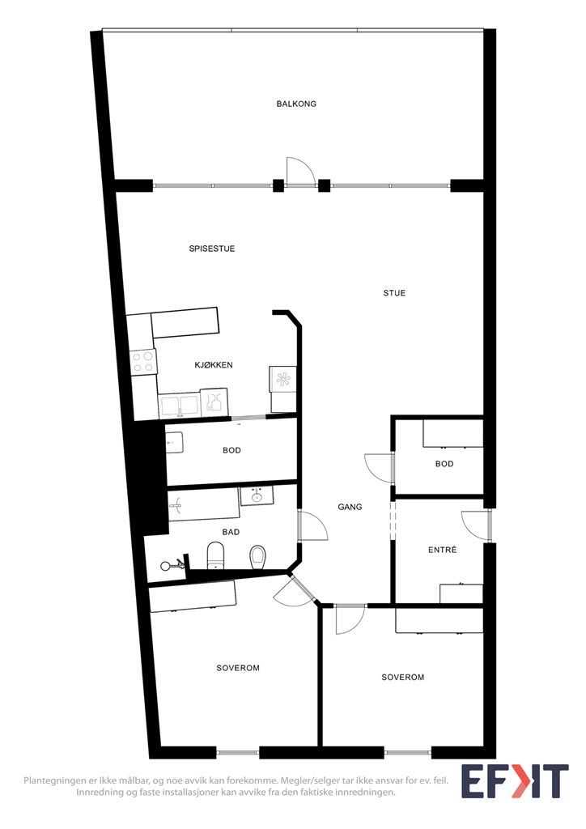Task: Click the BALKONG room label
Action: pos(296,104)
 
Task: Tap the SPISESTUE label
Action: pos(212,249)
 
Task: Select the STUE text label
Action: pos(394,293)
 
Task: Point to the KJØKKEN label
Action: pos(214,365)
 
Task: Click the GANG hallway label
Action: pos(350,507)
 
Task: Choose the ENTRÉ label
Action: pos(442,550)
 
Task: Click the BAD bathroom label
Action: pos(231,532)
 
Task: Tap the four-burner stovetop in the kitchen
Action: pos(142,362)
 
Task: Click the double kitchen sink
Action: pos(180,406)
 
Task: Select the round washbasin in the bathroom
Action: pos(257,496)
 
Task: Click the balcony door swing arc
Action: pos(301,171)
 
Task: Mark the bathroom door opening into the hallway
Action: pos(312,525)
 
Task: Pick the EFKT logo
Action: pos(515,781)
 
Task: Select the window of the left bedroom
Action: pos(238,752)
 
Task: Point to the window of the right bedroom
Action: pos(407,752)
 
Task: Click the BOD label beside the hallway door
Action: pos(444,464)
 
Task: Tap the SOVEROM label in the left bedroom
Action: pos(238,668)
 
